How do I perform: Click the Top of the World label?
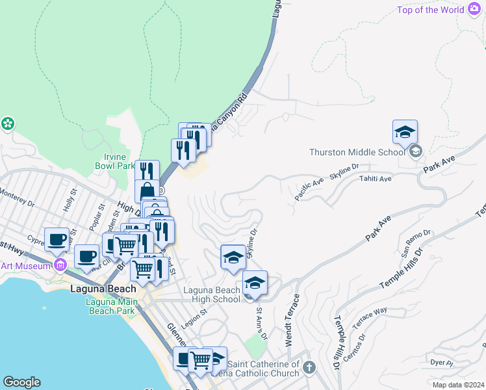[x=431, y=10]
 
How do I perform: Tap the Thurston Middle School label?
[x=357, y=152]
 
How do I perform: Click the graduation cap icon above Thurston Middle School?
[x=405, y=133]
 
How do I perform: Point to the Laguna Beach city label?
[x=103, y=289]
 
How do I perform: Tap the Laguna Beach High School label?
[x=211, y=294]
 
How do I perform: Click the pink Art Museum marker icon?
[x=60, y=265]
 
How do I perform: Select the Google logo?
[x=21, y=382]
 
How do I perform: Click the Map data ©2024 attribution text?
[x=459, y=385]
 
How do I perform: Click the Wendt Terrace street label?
[x=292, y=319]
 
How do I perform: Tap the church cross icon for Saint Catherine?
[x=309, y=368]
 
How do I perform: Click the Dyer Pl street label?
[x=441, y=362]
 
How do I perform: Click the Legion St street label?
[x=194, y=313]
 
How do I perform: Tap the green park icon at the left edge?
[x=8, y=123]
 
